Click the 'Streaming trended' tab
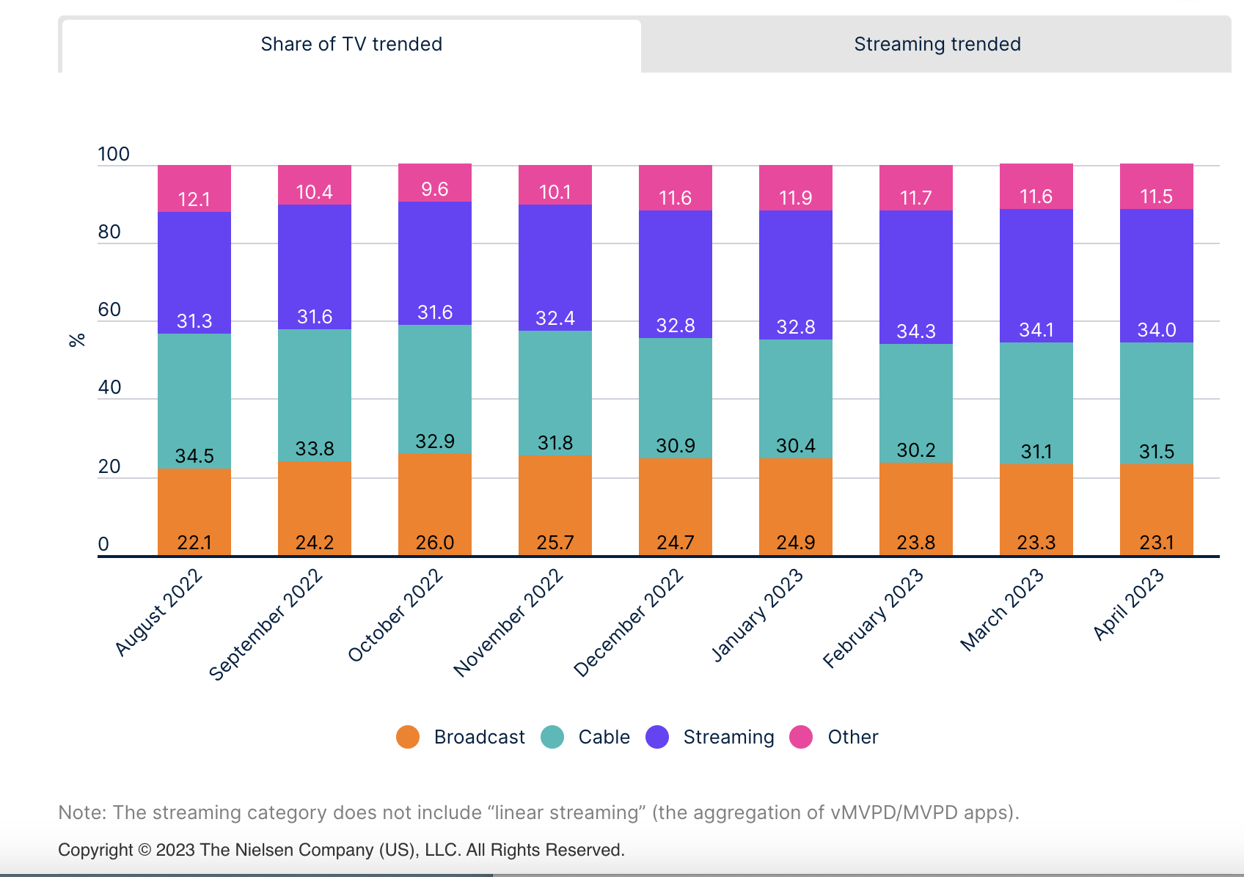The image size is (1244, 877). click(937, 45)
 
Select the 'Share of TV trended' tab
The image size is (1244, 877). click(351, 45)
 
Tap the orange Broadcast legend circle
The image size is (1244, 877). click(408, 737)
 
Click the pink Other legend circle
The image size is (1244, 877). click(801, 737)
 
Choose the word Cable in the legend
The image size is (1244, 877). click(604, 737)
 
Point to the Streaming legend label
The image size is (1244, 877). click(728, 737)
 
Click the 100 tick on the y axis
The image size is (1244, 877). click(114, 155)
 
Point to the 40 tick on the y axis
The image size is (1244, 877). click(109, 387)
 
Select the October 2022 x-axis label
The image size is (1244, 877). click(396, 615)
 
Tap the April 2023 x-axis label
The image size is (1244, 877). click(1129, 604)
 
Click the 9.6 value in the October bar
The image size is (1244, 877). click(435, 189)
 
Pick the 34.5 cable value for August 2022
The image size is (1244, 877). click(194, 456)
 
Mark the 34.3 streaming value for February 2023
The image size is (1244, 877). click(916, 331)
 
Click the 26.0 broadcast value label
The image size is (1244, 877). click(435, 543)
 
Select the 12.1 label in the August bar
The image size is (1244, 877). click(194, 199)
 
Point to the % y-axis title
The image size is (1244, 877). click(77, 340)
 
